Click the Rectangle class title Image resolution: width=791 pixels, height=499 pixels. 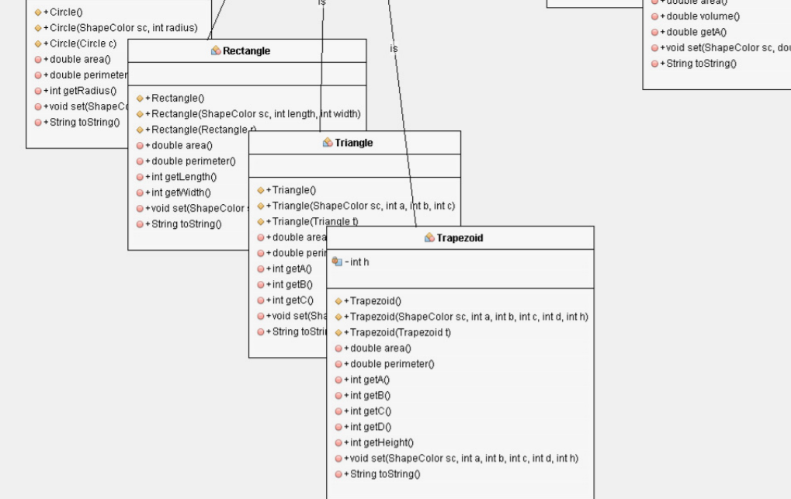pos(246,51)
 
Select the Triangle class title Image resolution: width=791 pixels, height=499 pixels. pos(353,143)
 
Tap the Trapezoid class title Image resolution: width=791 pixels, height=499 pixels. pos(459,238)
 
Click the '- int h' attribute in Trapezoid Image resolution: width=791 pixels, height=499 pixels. pos(356,262)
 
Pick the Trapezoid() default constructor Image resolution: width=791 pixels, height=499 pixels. pos(375,301)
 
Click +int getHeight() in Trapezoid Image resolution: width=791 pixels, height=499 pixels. pos(381,443)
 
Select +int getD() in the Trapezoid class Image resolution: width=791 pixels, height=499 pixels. pos(370,427)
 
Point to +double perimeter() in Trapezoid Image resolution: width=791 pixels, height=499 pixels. pos(391,364)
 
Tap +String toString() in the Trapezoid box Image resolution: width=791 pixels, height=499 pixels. pos(384,474)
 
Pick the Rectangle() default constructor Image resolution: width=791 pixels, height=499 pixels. pos(177,99)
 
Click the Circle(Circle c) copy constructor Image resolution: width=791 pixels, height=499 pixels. pos(82,43)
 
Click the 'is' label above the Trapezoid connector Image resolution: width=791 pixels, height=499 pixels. pos(394,49)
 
